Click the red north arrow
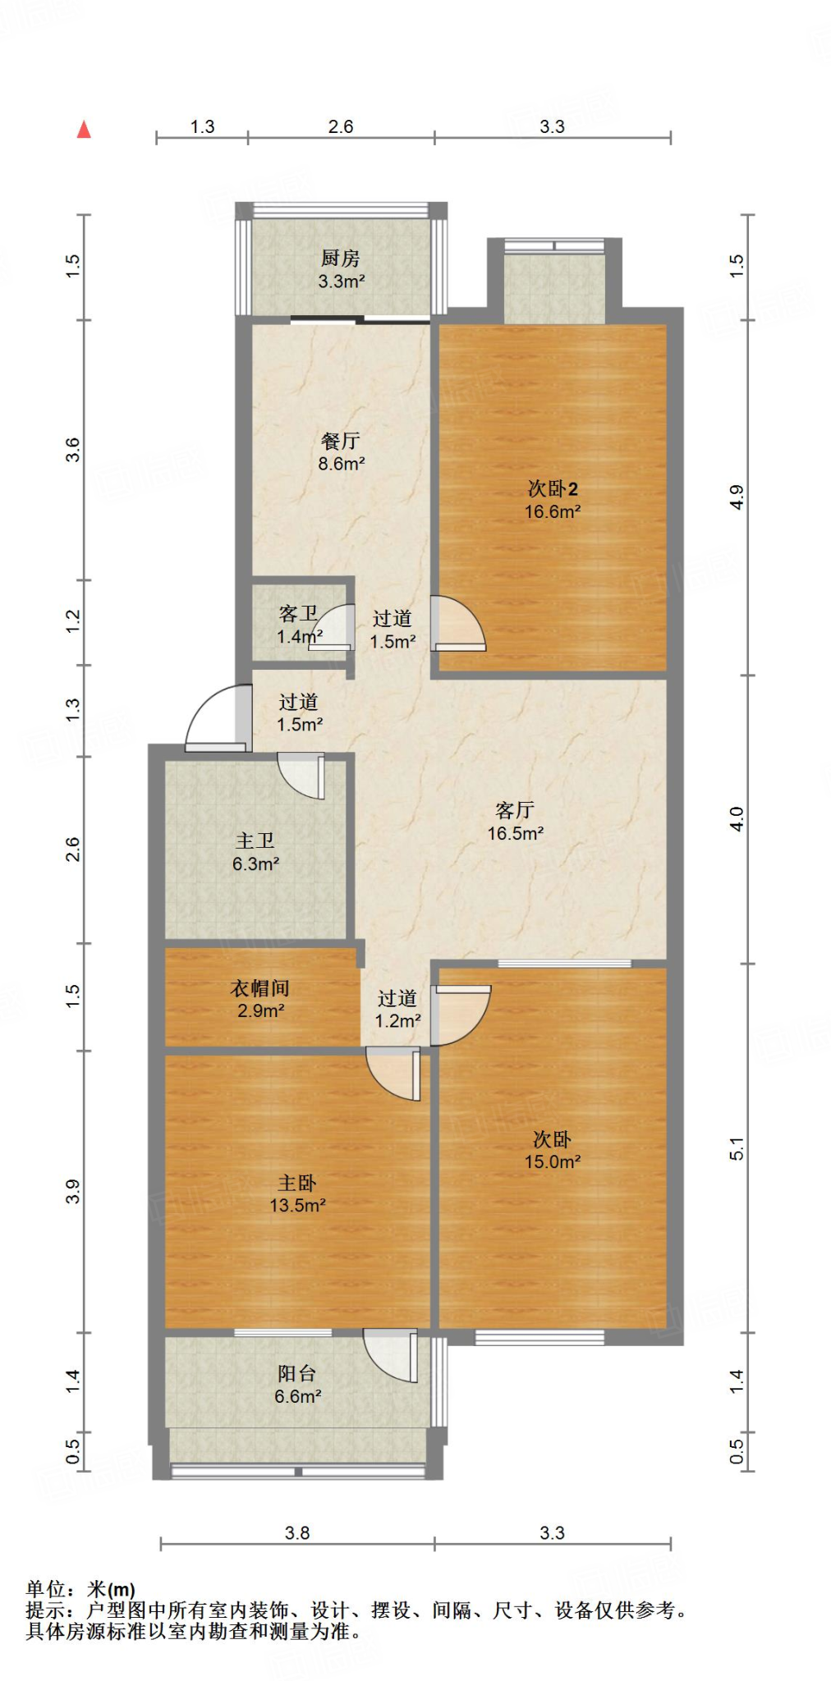[x=84, y=129]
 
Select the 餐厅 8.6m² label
[x=341, y=451]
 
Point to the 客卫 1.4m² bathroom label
[x=299, y=625]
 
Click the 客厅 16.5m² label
[x=515, y=822]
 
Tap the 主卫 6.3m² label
[x=255, y=852]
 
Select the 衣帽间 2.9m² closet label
[x=260, y=999]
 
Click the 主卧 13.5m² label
[x=297, y=1193]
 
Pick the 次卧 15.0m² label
[x=553, y=1150]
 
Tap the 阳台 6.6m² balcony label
[x=297, y=1385]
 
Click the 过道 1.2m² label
[x=397, y=1009]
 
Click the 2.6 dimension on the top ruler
[x=341, y=126]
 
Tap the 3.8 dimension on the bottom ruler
[x=297, y=1532]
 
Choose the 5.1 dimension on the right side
[x=737, y=1148]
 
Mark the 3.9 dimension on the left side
[x=72, y=1191]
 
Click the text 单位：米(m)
[x=80, y=1590]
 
